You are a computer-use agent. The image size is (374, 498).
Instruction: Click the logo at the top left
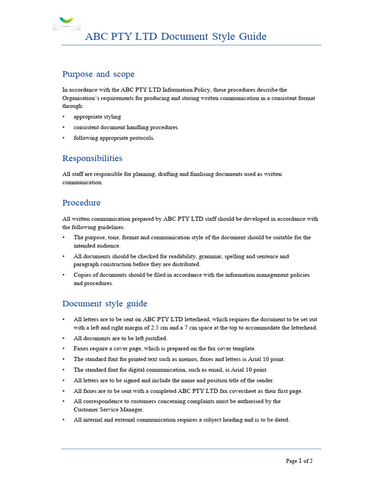coord(67,20)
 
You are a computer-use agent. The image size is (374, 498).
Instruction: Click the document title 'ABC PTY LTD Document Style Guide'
coord(175,36)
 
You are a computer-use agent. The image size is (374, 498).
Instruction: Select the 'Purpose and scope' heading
coord(98,74)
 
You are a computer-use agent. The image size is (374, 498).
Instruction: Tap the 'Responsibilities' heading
coord(92,158)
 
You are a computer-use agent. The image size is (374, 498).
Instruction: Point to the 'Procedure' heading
coord(81,202)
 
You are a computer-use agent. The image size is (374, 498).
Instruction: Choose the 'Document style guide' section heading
coord(105,303)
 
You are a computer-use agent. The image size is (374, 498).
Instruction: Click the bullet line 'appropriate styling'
coord(97,117)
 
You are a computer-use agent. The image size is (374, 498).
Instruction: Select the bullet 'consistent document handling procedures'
coord(125,127)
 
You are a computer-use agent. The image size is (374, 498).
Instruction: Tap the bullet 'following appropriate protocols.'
coord(113,138)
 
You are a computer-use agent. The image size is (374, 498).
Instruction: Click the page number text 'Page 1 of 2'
coord(299,461)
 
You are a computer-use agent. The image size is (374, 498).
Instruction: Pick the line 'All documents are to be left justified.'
coord(120,338)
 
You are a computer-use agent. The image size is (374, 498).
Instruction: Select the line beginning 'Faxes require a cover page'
coord(164,349)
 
